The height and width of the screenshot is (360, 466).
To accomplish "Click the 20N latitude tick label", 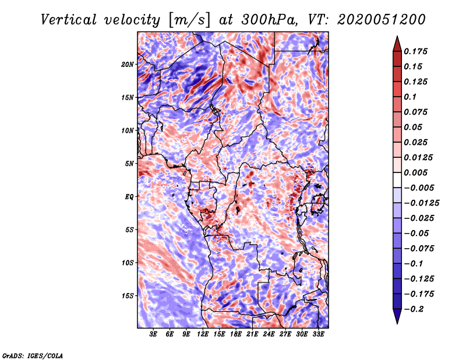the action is point(128,65).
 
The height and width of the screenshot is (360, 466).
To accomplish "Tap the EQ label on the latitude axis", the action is point(129,197).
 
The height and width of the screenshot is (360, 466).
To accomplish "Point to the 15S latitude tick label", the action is point(128,296).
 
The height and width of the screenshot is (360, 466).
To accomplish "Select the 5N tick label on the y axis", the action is point(129,164).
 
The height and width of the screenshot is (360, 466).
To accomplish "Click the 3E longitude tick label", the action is point(153,334).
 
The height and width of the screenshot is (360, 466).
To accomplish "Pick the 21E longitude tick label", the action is point(252,334).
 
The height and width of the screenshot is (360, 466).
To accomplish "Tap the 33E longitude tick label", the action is point(318,334).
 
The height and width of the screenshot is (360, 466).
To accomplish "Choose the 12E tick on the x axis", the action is point(203,334).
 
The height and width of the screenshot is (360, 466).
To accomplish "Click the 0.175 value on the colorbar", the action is point(416,51).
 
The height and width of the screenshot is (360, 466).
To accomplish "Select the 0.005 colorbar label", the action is point(416,172).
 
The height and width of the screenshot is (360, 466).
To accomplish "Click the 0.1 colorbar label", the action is point(410,97).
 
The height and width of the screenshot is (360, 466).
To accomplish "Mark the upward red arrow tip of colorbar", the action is point(397,36).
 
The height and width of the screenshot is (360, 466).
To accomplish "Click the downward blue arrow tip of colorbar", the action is point(397,323).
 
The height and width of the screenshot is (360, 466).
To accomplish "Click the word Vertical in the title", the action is point(69,20).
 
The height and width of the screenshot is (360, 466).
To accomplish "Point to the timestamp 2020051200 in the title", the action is point(382,20).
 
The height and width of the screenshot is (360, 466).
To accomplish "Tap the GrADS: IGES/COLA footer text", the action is point(33,356).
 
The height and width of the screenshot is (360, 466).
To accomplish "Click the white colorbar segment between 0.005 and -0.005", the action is point(397,180).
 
